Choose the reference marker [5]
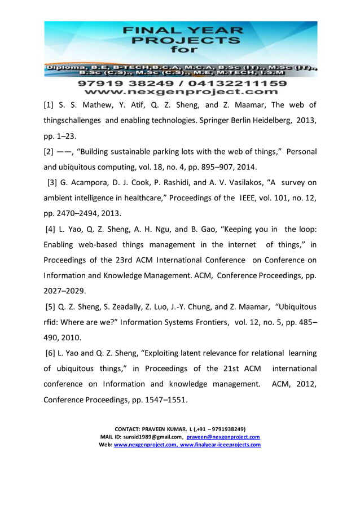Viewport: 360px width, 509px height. [52, 306]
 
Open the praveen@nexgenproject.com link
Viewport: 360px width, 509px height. [223, 437]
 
